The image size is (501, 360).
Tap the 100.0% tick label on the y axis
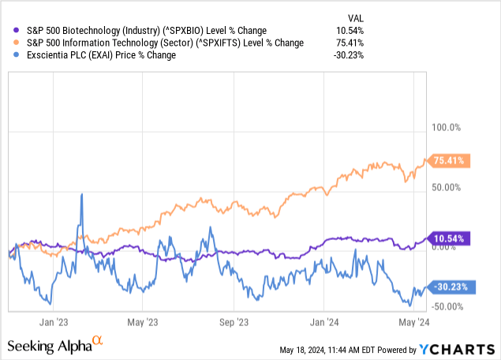[443, 128]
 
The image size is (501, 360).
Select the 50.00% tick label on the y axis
[445, 187]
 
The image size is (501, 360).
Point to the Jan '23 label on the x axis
[56, 321]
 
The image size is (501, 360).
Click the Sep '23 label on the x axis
[233, 321]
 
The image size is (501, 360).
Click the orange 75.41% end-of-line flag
[448, 161]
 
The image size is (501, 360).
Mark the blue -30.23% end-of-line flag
[448, 287]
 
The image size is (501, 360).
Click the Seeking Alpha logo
[55, 345]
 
